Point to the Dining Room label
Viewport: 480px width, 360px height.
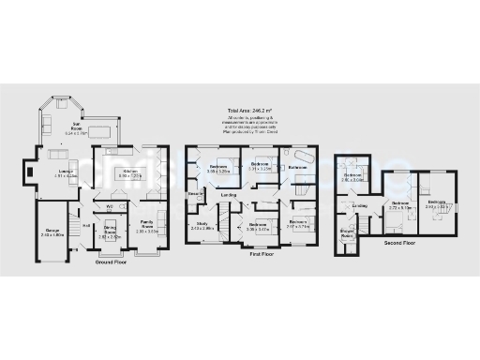pyautogui.click(x=110, y=231)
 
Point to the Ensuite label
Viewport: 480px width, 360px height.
pyautogui.click(x=196, y=194)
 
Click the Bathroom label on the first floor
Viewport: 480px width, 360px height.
pyautogui.click(x=298, y=167)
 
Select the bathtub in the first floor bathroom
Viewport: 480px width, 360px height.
pyautogui.click(x=303, y=155)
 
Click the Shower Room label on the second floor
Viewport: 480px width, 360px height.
pyautogui.click(x=348, y=233)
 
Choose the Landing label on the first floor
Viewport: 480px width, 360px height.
pyautogui.click(x=229, y=195)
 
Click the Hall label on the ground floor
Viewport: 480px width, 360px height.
pyautogui.click(x=86, y=224)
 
